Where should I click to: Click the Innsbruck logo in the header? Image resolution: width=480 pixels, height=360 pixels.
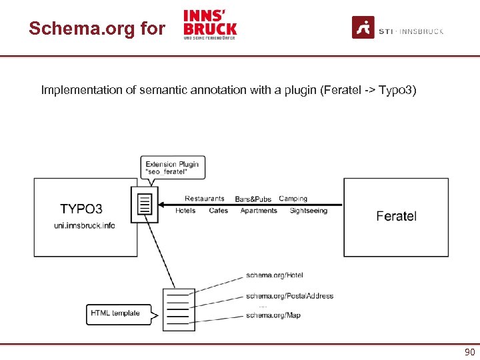210,25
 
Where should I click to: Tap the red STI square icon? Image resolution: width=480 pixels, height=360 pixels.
363,27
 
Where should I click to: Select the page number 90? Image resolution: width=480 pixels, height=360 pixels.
469,352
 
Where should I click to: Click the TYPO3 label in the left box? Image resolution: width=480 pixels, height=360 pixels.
81,208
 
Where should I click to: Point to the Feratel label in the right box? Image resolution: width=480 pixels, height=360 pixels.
396,216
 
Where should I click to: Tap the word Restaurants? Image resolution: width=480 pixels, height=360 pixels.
204,199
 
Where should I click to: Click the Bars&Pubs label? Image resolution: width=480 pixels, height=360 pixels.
253,199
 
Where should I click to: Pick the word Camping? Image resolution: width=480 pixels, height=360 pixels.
293,199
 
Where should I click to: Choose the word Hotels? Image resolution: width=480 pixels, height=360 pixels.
185,211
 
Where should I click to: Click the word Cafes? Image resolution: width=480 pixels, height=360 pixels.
218,211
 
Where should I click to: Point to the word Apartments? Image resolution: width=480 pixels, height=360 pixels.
259,211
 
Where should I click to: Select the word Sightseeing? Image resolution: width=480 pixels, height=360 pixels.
309,211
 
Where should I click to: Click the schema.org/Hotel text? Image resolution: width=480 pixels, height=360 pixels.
275,275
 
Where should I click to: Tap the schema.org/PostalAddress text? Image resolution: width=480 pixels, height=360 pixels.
289,296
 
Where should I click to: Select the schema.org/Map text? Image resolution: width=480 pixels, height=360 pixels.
273,315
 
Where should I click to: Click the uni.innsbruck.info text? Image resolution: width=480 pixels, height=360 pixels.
85,225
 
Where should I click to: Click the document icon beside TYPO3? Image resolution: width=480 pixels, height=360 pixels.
145,204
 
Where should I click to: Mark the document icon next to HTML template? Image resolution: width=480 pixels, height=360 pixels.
179,310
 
